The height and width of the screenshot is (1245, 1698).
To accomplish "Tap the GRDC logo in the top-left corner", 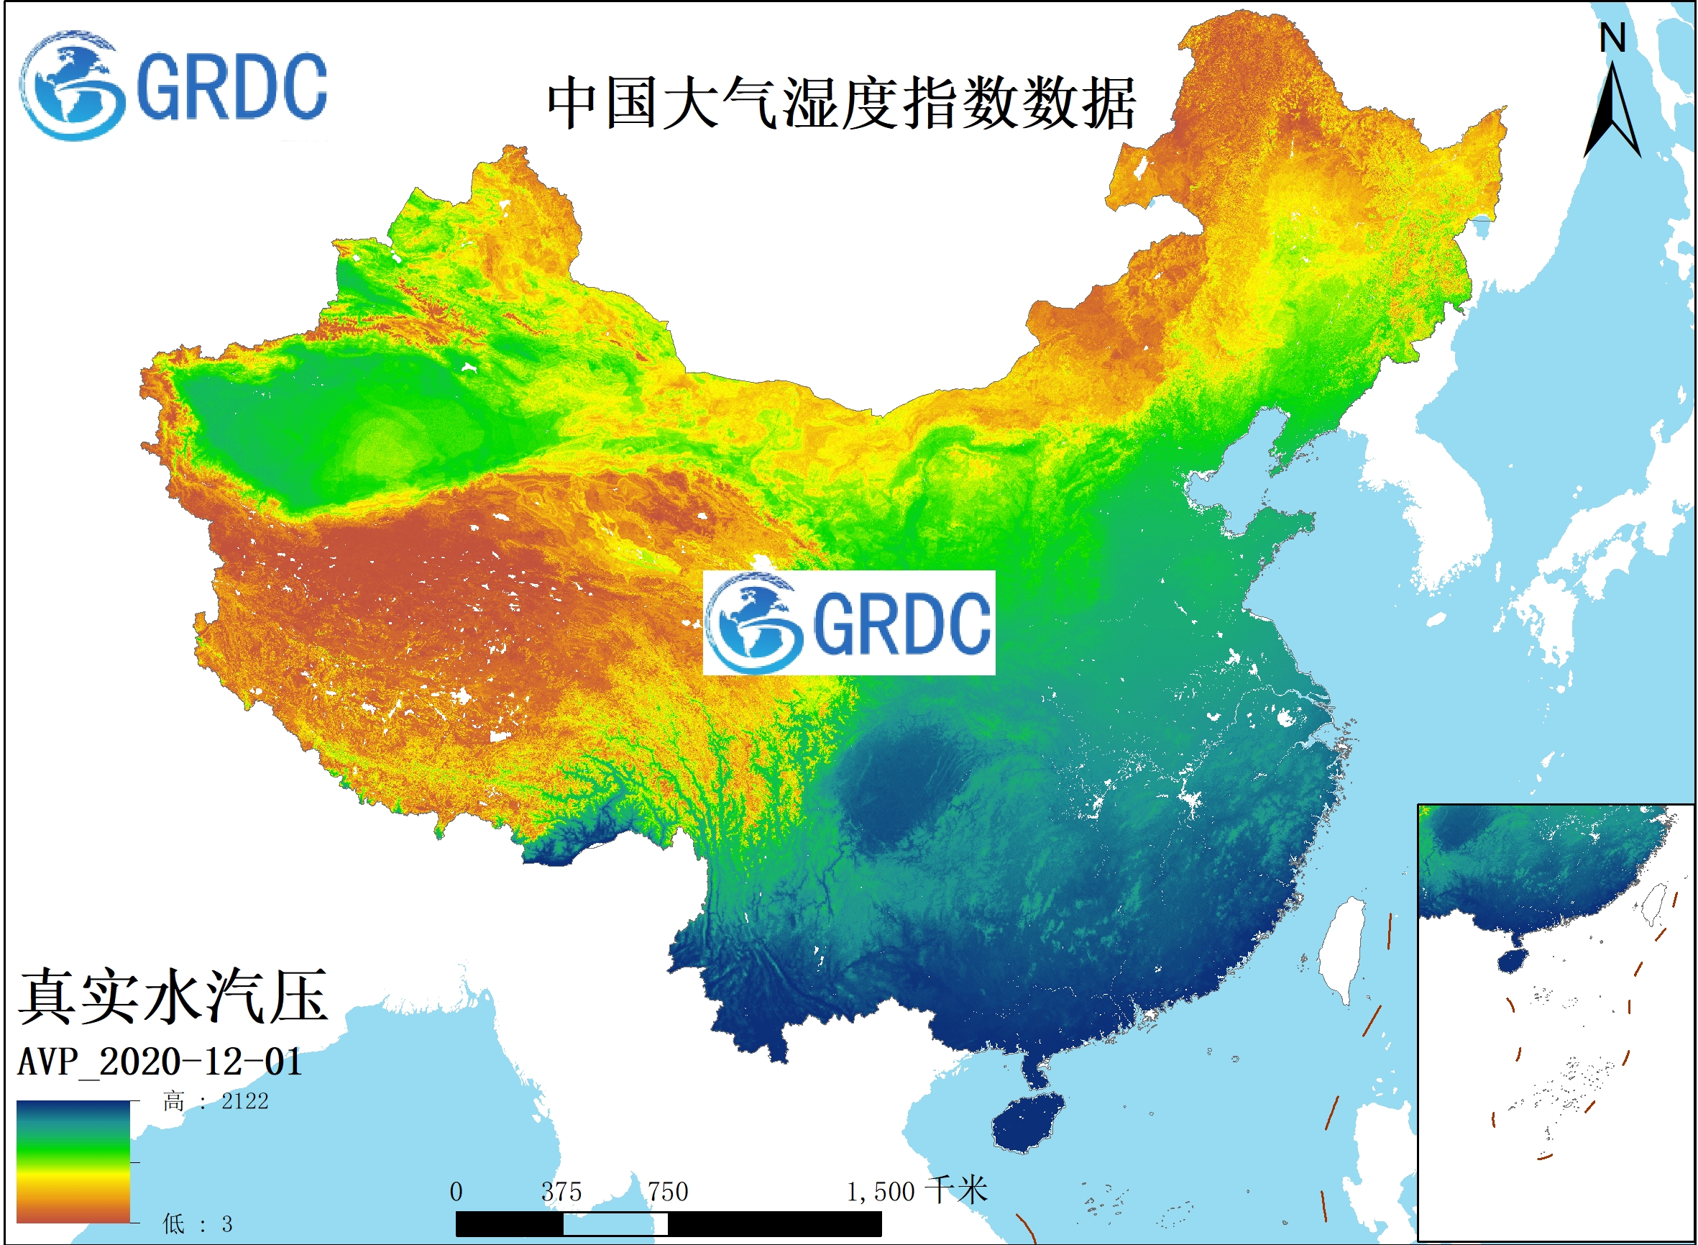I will tap(173, 86).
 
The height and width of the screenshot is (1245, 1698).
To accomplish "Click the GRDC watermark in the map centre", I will tap(849, 623).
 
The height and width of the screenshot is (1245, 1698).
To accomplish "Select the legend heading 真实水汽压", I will tap(173, 997).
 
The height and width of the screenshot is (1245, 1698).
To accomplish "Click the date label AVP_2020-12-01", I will tap(160, 1062).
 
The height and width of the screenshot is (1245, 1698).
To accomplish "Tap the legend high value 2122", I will tap(245, 1102).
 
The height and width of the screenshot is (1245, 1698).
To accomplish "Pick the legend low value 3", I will tap(226, 1224).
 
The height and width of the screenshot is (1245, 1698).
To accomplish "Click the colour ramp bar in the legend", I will tap(73, 1162).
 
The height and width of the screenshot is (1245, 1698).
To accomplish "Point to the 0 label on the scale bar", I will tap(456, 1192).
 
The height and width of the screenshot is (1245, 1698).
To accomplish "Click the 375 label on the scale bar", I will tap(561, 1192).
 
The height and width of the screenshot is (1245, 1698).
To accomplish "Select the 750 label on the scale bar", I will tap(669, 1192).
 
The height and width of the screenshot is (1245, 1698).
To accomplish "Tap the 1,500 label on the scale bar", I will tap(880, 1192).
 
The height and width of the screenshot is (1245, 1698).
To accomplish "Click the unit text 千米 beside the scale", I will tap(956, 1191).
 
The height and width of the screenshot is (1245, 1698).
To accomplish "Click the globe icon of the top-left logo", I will tap(72, 86).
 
